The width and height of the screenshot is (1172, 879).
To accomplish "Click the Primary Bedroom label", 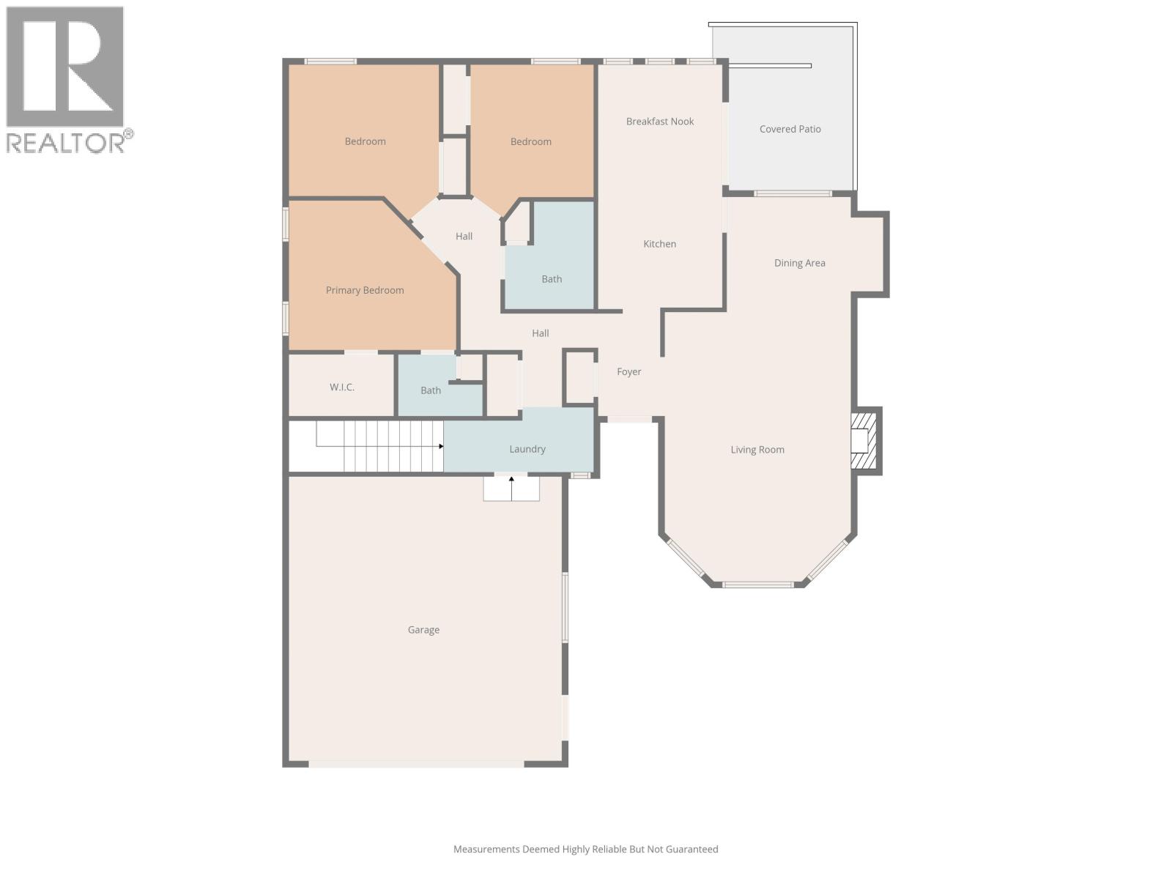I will click(x=365, y=290).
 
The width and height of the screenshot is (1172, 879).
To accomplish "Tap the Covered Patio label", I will click(x=790, y=129).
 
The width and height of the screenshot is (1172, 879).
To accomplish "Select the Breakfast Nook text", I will click(x=659, y=122).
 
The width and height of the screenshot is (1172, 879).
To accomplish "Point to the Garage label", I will click(x=423, y=630).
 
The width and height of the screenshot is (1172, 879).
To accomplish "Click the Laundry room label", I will click(x=527, y=449).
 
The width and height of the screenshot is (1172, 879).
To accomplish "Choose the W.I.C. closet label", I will click(x=342, y=387).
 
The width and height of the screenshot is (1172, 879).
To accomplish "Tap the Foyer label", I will click(x=628, y=372).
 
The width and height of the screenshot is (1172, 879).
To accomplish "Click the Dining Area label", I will click(x=799, y=263).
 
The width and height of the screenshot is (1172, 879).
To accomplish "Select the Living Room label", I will click(x=757, y=450).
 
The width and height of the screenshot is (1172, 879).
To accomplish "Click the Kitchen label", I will click(x=659, y=244).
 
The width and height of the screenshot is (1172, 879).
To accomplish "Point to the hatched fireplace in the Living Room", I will click(x=864, y=441).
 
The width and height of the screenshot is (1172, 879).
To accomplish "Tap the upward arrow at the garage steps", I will click(x=511, y=481).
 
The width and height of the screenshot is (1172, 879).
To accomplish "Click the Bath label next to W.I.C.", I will click(x=431, y=390).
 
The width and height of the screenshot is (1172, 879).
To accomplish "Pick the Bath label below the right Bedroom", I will click(x=552, y=279).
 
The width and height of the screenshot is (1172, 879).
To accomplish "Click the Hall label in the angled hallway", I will click(x=464, y=236).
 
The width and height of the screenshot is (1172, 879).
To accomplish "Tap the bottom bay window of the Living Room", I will click(x=758, y=585).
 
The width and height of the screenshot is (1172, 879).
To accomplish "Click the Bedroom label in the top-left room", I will click(x=365, y=141).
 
